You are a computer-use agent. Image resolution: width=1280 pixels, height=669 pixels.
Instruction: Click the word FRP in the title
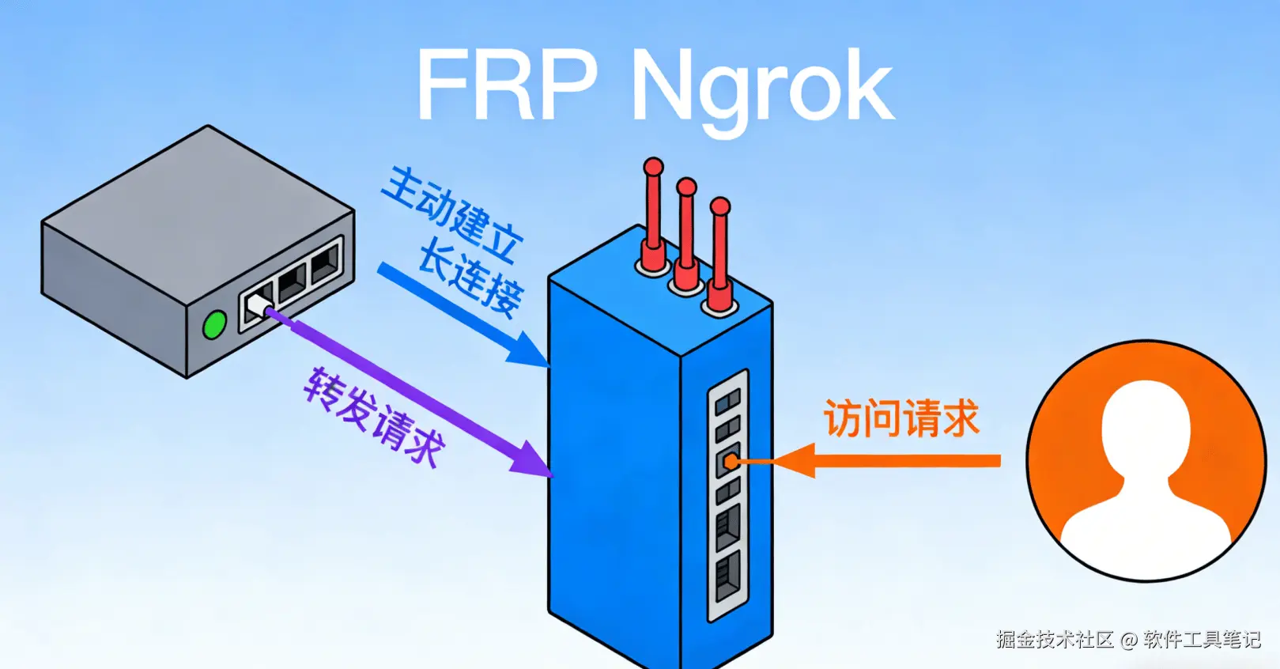(506, 85)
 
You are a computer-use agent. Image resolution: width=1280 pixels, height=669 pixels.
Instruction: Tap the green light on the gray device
(214, 325)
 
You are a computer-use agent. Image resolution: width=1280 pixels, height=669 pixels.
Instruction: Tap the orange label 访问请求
(901, 418)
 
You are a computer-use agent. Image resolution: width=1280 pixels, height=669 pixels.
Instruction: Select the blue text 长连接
(470, 281)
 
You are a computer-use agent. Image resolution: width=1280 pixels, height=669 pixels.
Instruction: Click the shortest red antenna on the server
(719, 253)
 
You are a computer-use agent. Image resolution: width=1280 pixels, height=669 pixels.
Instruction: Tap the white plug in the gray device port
(258, 304)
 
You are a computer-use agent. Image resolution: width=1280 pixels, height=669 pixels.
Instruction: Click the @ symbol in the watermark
(1128, 640)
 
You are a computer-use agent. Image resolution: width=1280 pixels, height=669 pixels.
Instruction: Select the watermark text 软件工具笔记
(1202, 639)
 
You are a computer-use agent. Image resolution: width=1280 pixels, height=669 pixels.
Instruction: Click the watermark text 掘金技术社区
(1055, 639)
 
